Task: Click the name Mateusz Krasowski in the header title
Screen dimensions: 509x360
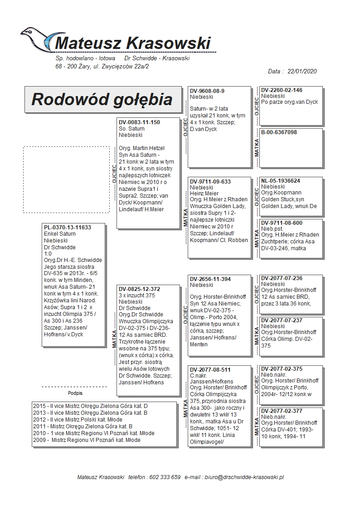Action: [132, 44]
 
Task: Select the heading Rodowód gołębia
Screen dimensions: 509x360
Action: [102, 99]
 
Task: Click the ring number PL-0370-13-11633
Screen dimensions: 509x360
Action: [67, 228]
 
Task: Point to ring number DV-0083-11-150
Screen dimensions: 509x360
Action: [139, 122]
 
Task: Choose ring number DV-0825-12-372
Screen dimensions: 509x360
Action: [139, 289]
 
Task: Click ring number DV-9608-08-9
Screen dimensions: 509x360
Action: [207, 91]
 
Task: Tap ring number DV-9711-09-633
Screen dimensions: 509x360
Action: [210, 182]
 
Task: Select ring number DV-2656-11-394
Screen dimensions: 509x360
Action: [210, 279]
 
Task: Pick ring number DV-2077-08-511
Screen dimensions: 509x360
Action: [210, 370]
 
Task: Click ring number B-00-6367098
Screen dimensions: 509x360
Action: [279, 132]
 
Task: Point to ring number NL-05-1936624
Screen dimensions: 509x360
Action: [281, 181]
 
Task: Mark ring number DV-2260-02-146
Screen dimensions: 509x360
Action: [282, 90]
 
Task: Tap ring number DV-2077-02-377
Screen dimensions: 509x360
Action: [282, 411]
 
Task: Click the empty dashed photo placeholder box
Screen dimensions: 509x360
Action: [66, 179]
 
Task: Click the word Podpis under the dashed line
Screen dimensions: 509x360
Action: [75, 393]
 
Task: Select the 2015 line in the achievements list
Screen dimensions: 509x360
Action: [90, 406]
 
